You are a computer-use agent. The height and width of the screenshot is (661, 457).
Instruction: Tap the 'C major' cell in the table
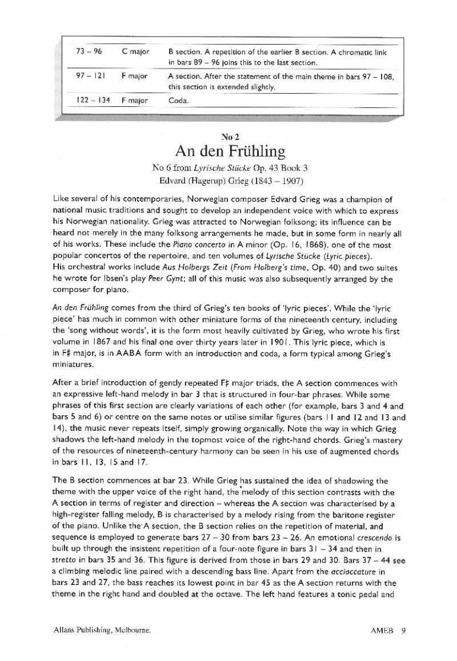point(135,51)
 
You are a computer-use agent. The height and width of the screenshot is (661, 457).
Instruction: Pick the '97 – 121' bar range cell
point(89,75)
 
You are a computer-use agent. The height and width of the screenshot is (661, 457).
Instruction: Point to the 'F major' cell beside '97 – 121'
point(135,75)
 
